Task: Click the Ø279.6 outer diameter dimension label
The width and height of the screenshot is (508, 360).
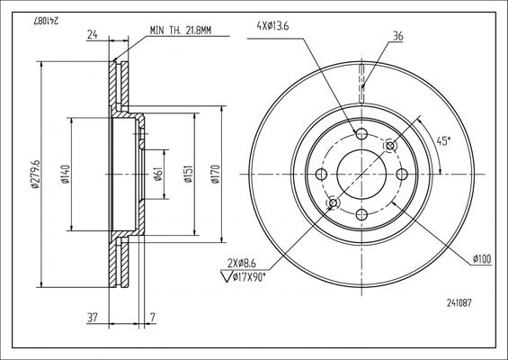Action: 35,174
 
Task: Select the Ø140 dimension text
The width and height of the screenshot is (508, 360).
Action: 66,175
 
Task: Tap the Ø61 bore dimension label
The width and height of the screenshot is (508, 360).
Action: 157,175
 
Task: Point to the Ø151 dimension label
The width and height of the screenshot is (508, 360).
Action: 189,174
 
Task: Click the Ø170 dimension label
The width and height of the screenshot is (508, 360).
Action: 216,175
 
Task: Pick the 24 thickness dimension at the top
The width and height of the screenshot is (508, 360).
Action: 93,34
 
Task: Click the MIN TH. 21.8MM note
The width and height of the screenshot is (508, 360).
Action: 181,31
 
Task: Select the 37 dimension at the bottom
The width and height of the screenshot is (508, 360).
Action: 93,317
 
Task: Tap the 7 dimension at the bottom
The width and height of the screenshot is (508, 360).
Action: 153,317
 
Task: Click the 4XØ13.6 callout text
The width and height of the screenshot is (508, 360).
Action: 272,26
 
